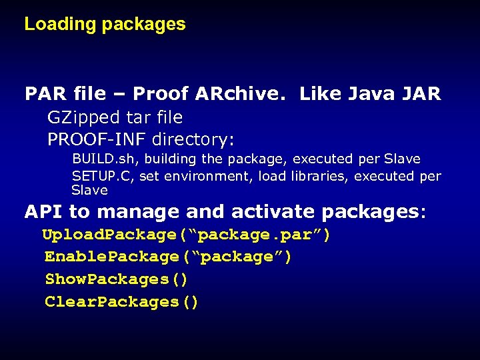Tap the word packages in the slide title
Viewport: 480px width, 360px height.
(143, 25)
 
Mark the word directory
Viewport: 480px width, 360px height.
(193, 140)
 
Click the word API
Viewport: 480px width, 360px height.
(44, 212)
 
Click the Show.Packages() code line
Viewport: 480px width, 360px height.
(116, 279)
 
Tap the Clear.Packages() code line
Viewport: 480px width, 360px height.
(121, 302)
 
